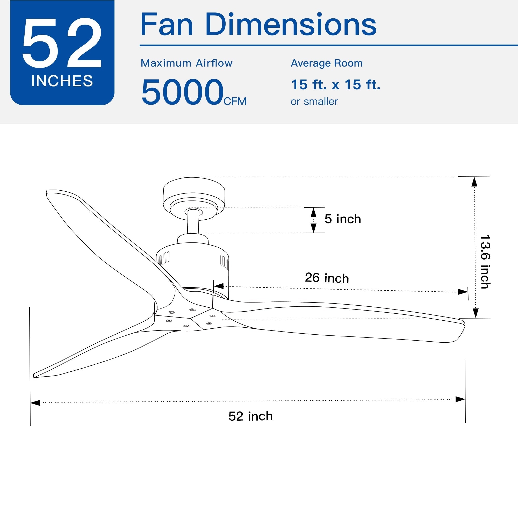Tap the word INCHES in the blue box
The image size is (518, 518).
[62, 81]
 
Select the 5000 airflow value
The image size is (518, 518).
[182, 92]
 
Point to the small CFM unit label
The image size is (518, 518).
[235, 101]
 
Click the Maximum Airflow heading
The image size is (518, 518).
[186, 63]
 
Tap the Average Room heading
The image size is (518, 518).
[327, 63]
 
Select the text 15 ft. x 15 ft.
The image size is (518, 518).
[335, 85]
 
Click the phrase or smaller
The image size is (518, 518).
[314, 102]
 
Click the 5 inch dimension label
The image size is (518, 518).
[342, 219]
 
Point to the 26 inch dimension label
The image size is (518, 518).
[327, 278]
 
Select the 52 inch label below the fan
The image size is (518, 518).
[250, 416]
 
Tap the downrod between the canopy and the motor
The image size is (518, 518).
[193, 222]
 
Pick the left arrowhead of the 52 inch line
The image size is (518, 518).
[35, 403]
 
